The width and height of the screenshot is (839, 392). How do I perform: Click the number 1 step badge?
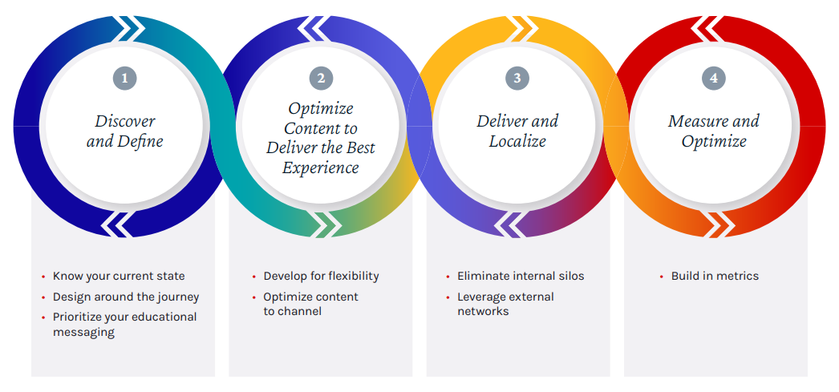tap(124, 78)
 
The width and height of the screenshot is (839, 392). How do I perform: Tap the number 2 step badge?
tap(321, 78)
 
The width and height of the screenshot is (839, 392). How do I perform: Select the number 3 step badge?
tap(517, 78)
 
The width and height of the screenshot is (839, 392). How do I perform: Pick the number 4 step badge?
tap(714, 78)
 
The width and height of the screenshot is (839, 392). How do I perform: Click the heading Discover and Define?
tap(124, 131)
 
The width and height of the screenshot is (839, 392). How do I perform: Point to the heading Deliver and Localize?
tap(517, 131)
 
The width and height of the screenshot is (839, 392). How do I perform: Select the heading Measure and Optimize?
tap(714, 131)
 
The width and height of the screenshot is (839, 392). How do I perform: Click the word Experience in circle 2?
tap(321, 168)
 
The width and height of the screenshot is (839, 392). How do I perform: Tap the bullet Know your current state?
tap(119, 276)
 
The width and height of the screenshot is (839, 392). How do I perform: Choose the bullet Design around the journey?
tap(126, 297)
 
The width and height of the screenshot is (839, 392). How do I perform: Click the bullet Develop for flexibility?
tap(321, 276)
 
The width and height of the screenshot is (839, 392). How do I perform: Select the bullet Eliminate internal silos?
tap(521, 276)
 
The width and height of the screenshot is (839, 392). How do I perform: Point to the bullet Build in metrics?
tap(715, 276)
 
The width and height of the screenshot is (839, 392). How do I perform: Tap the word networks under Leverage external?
tap(483, 311)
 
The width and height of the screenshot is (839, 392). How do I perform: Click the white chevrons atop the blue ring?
tap(131, 29)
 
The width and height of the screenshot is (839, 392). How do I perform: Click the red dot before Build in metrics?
tap(663, 277)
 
